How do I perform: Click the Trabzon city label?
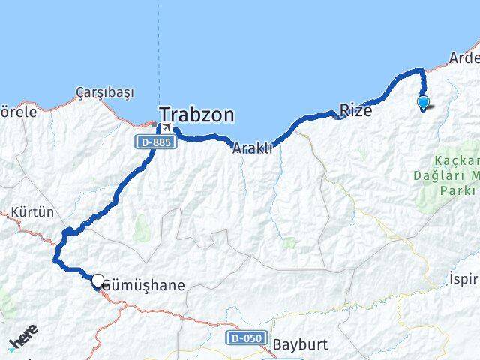click(x=196, y=115)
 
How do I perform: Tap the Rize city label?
click(x=355, y=110)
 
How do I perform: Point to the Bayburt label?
click(x=300, y=345)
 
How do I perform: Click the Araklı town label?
click(x=251, y=148)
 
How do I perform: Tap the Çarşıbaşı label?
click(x=105, y=92)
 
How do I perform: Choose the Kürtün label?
click(x=32, y=212)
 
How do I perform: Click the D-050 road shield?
click(x=246, y=338)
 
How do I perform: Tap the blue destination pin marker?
click(x=423, y=103)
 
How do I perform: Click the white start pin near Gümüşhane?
click(x=97, y=280)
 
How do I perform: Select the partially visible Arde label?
click(x=463, y=58)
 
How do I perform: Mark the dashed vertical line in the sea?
click(x=158, y=52)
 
